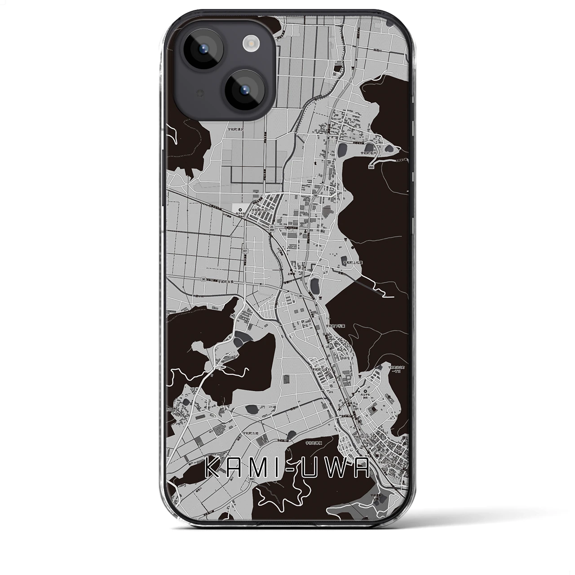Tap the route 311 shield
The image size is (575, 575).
pyautogui.click(x=244, y=251)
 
